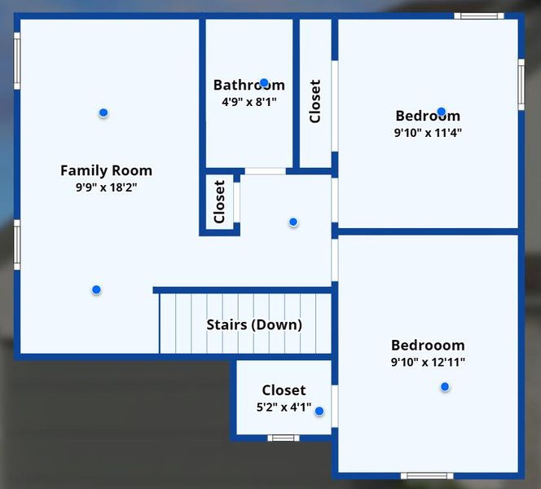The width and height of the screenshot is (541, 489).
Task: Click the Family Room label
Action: click(106, 170)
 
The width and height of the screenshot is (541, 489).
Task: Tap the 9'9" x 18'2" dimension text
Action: click(106, 187)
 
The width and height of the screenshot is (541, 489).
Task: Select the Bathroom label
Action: click(249, 85)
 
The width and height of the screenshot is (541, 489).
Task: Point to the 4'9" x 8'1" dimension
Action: click(249, 103)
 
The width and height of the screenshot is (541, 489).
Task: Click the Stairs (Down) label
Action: click(254, 324)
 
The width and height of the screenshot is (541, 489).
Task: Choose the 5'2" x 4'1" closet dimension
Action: click(284, 407)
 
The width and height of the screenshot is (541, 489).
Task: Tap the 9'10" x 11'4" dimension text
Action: click(428, 133)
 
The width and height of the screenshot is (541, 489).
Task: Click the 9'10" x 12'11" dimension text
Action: click(428, 363)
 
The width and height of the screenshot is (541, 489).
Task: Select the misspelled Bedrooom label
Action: click(428, 346)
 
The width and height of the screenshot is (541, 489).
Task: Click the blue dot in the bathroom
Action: click(264, 82)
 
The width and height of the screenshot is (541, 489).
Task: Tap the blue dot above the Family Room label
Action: click(103, 112)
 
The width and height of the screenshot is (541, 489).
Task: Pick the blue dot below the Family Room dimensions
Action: click(96, 289)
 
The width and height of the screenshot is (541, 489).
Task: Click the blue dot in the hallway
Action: click(293, 222)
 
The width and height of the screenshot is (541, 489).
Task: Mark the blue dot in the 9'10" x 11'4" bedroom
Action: click(441, 112)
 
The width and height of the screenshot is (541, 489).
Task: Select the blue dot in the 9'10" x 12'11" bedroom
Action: click(445, 386)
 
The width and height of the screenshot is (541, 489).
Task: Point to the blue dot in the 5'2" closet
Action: click(319, 412)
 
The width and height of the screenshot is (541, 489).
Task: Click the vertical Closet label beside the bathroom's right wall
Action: click(315, 101)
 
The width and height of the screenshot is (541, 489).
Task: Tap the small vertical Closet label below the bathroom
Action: click(219, 202)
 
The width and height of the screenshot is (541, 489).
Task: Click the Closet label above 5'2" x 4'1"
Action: click(284, 390)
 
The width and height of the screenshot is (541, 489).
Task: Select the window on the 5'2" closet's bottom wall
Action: click(284, 438)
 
